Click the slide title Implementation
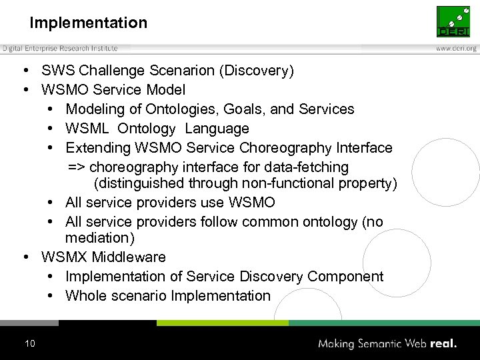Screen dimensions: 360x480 tap(88, 23)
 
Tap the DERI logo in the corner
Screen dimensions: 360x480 tap(453, 22)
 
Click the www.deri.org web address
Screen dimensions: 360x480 tap(456, 49)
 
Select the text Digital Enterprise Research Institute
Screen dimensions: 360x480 tap(60, 48)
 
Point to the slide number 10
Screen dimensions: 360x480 tap(29, 344)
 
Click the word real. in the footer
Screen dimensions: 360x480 tap(443, 344)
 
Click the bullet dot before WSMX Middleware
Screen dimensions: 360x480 tap(24, 257)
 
